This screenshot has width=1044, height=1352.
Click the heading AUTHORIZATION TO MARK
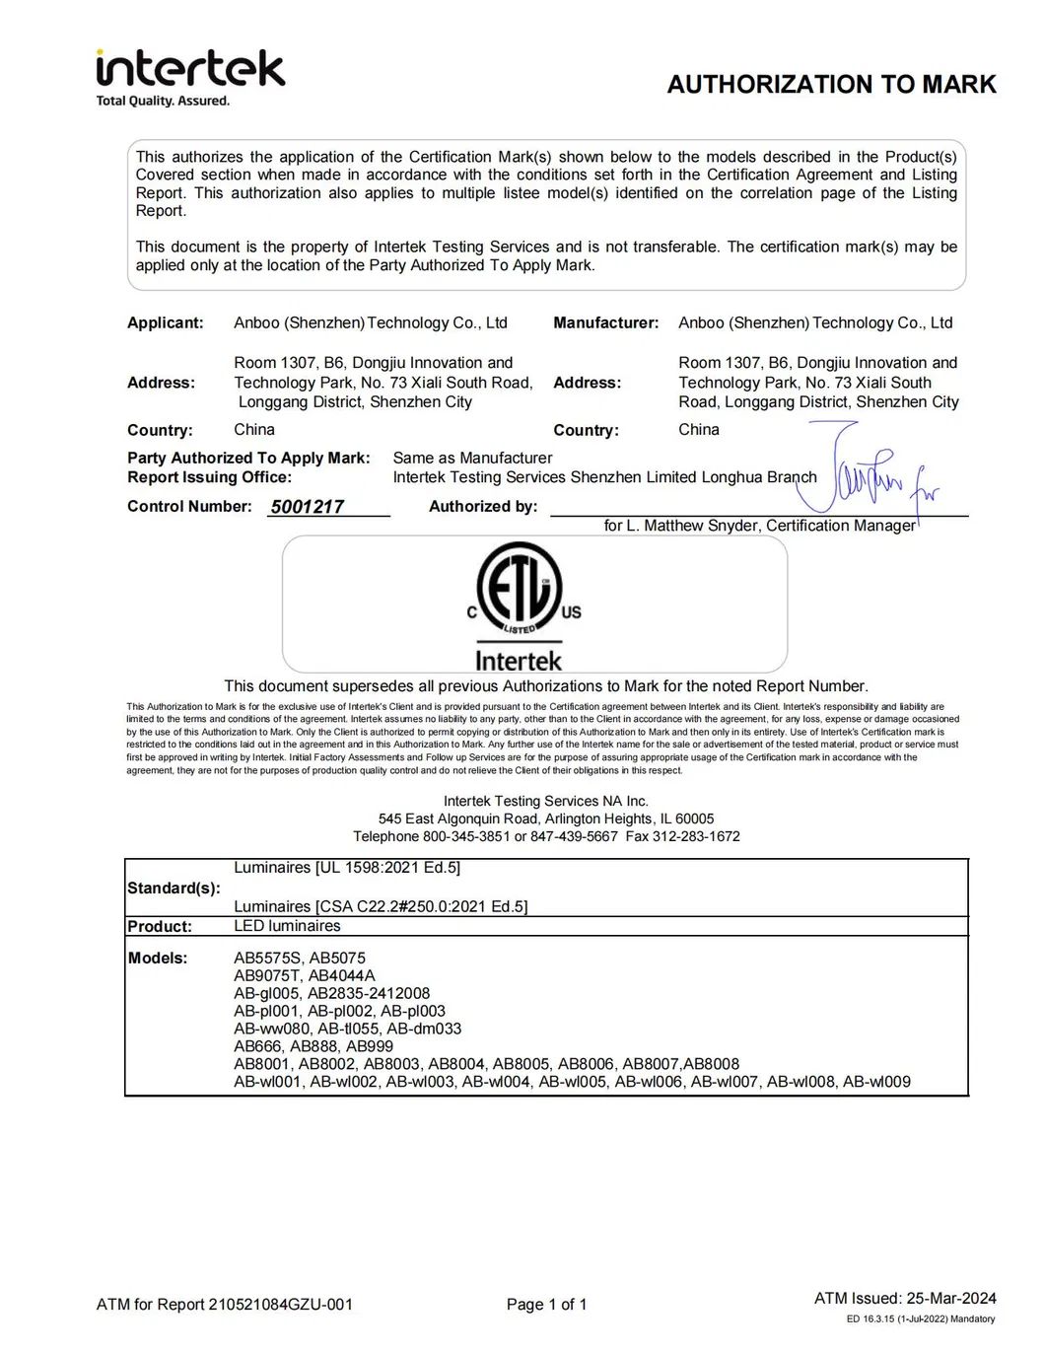pos(831,85)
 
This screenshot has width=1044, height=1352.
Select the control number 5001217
pos(308,507)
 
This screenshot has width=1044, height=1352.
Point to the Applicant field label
pos(165,323)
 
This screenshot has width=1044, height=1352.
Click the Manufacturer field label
pos(605,323)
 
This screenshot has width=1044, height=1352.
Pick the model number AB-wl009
pos(876,1082)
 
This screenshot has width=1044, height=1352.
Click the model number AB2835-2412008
pos(369,994)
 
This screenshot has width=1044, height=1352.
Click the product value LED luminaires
pos(287,927)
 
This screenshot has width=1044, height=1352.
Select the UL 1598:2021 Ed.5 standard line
pos(347,868)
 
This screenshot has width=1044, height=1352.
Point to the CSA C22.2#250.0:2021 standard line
pos(381,907)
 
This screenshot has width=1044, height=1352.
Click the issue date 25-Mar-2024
pos(951,1299)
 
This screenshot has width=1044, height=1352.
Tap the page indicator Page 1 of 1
pos(546,1305)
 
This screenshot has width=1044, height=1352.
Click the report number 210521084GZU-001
pos(280,1305)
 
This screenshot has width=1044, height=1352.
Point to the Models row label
pos(158,959)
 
